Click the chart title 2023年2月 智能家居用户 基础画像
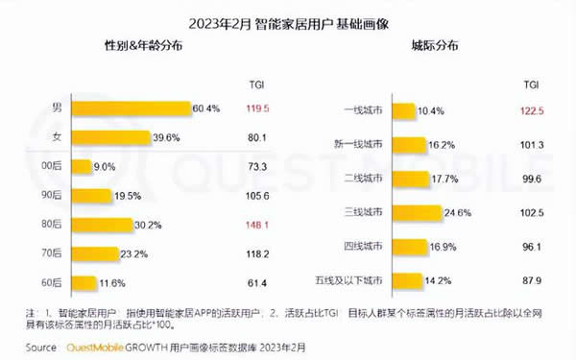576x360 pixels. pos(287,18)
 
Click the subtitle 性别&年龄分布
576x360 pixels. pos(140,45)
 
